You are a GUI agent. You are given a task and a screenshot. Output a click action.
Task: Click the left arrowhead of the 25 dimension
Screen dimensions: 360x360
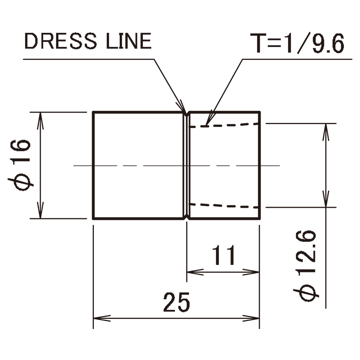[x=98, y=317]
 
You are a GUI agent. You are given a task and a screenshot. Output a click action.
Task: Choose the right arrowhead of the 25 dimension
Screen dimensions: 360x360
[x=254, y=317]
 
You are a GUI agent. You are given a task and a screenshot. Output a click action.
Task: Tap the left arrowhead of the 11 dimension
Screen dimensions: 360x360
[x=192, y=272]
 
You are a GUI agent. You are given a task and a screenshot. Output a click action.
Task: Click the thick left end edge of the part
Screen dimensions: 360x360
[x=93, y=164]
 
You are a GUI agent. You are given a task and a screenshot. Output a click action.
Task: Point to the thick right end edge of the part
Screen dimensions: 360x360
[x=260, y=164]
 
